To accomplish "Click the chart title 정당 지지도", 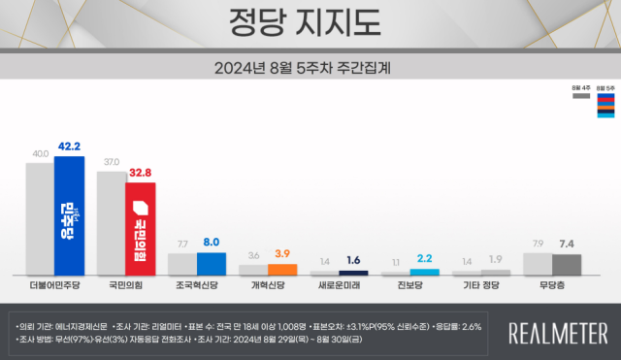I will (x=310, y=21).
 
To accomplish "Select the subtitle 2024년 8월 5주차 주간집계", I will (x=310, y=69).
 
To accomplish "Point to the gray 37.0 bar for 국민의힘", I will (x=112, y=223).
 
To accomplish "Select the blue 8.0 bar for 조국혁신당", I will (x=212, y=264).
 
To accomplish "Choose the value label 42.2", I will (x=69, y=147).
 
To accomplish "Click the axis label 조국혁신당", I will (x=197, y=287).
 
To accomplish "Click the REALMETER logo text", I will (x=559, y=332).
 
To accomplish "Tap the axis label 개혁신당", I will (x=268, y=287).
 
